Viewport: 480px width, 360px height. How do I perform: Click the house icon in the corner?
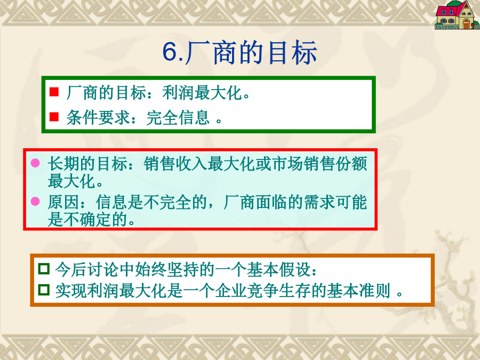(457, 15)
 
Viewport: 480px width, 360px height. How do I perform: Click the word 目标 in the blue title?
(292, 52)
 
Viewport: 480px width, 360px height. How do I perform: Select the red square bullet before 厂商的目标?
(54, 92)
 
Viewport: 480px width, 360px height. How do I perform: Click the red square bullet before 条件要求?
(54, 117)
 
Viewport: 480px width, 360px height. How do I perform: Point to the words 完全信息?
(178, 117)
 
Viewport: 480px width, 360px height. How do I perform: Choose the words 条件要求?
(98, 117)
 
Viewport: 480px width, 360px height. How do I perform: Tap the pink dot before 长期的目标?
(35, 163)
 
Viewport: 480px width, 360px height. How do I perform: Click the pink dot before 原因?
(35, 202)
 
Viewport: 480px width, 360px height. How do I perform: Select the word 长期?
(63, 164)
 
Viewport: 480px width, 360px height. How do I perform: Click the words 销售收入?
(175, 164)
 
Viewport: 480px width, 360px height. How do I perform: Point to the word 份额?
(351, 164)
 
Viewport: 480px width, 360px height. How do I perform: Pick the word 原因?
(63, 202)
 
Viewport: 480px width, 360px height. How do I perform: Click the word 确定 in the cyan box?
(95, 220)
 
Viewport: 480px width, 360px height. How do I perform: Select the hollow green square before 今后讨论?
(44, 268)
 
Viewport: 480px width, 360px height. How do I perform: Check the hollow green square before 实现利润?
(44, 290)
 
